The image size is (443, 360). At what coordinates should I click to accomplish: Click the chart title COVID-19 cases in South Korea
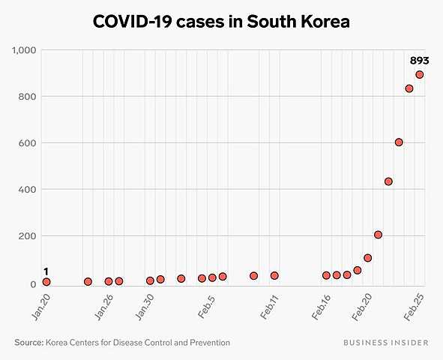221,22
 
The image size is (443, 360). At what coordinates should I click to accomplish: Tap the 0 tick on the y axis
35,284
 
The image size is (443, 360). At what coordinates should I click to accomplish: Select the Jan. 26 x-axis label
104,308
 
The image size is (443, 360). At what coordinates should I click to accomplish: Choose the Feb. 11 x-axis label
269,308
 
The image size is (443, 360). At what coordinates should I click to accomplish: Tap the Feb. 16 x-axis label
322,308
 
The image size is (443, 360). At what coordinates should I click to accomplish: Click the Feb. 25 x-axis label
415,308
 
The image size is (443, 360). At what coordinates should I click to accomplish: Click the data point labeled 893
420,74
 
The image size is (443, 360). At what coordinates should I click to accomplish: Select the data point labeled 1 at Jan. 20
46,282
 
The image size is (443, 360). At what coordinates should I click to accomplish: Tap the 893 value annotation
419,61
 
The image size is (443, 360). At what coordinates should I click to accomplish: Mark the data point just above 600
399,142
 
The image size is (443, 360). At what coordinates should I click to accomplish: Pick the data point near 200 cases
378,235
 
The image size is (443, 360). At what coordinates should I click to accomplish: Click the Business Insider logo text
386,343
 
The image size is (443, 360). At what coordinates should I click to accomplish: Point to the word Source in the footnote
28,343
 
